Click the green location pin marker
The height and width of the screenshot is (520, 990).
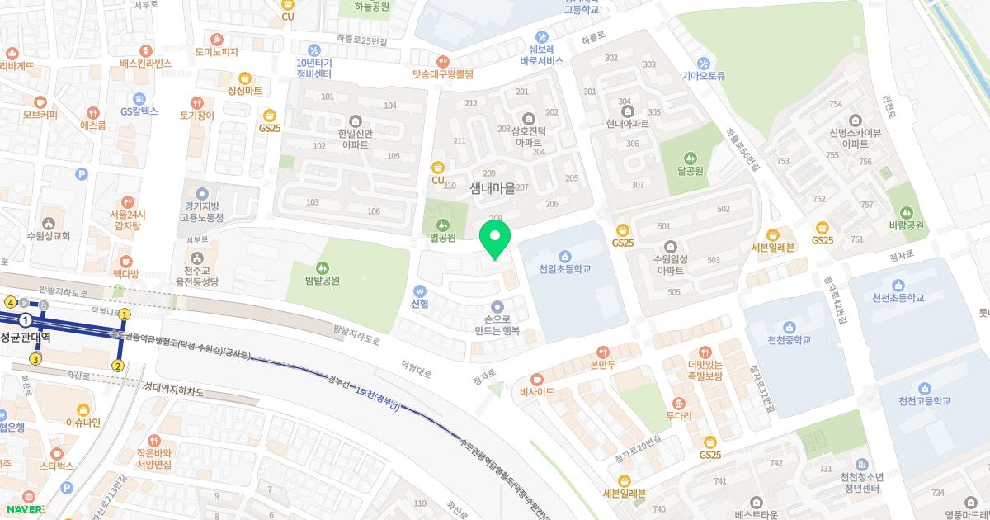click(494, 240)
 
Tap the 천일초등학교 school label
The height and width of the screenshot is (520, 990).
click(564, 269)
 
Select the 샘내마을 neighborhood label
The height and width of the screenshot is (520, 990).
click(493, 188)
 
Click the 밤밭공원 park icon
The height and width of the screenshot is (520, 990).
click(322, 266)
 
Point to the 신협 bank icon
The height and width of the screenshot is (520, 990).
click(420, 291)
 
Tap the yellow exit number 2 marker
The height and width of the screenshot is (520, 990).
click(118, 366)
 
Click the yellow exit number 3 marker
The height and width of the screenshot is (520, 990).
click(35, 358)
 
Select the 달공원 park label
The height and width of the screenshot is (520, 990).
click(690, 171)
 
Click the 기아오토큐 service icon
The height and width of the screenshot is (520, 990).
click(704, 62)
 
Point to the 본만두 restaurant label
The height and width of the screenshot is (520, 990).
click(603, 364)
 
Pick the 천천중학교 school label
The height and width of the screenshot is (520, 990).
click(789, 340)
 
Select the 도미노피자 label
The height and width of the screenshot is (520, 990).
click(217, 52)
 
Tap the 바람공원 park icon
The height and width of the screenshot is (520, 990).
click(907, 211)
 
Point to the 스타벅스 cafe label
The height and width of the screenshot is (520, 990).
click(56, 466)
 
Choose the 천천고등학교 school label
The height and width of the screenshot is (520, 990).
click(926, 401)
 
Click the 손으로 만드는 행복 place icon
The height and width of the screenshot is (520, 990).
click(497, 307)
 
